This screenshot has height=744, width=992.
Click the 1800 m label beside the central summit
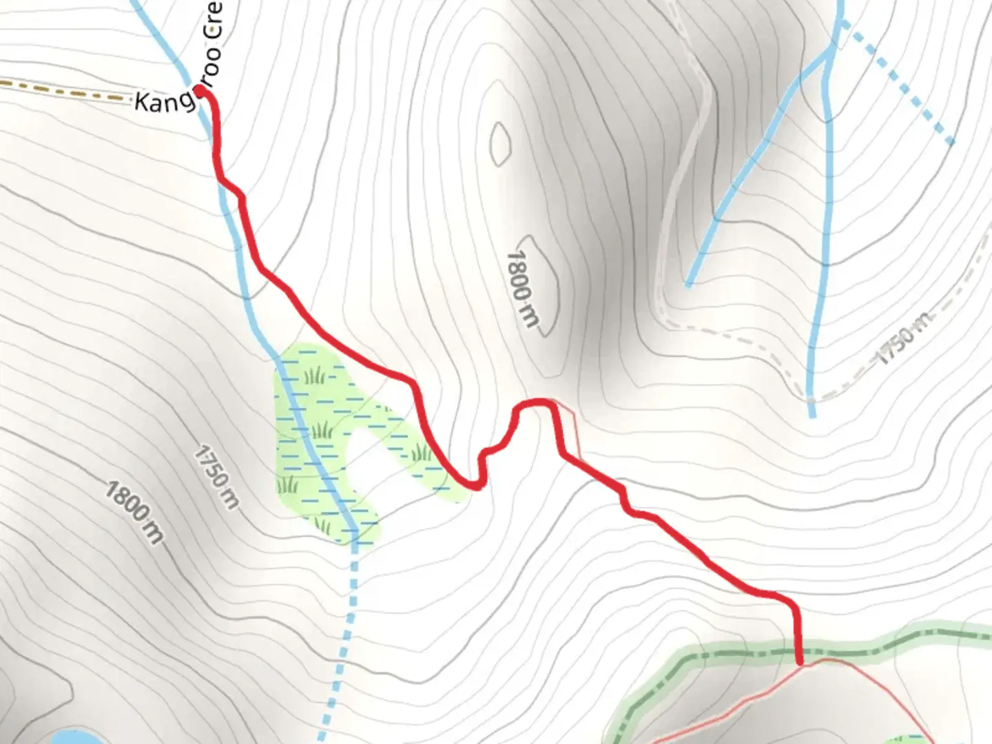(x=522, y=288)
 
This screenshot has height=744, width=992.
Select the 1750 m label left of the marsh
(x=216, y=477)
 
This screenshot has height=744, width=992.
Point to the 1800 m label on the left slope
(x=135, y=512)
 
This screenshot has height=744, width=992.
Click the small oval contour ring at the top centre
(x=500, y=144)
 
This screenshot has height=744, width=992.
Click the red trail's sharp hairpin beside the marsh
(x=475, y=485)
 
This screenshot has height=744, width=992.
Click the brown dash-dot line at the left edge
(x=62, y=91)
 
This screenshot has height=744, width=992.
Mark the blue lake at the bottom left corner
(x=69, y=737)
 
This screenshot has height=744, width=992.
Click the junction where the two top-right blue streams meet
(x=832, y=52)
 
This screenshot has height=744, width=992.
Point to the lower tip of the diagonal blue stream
(x=689, y=284)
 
